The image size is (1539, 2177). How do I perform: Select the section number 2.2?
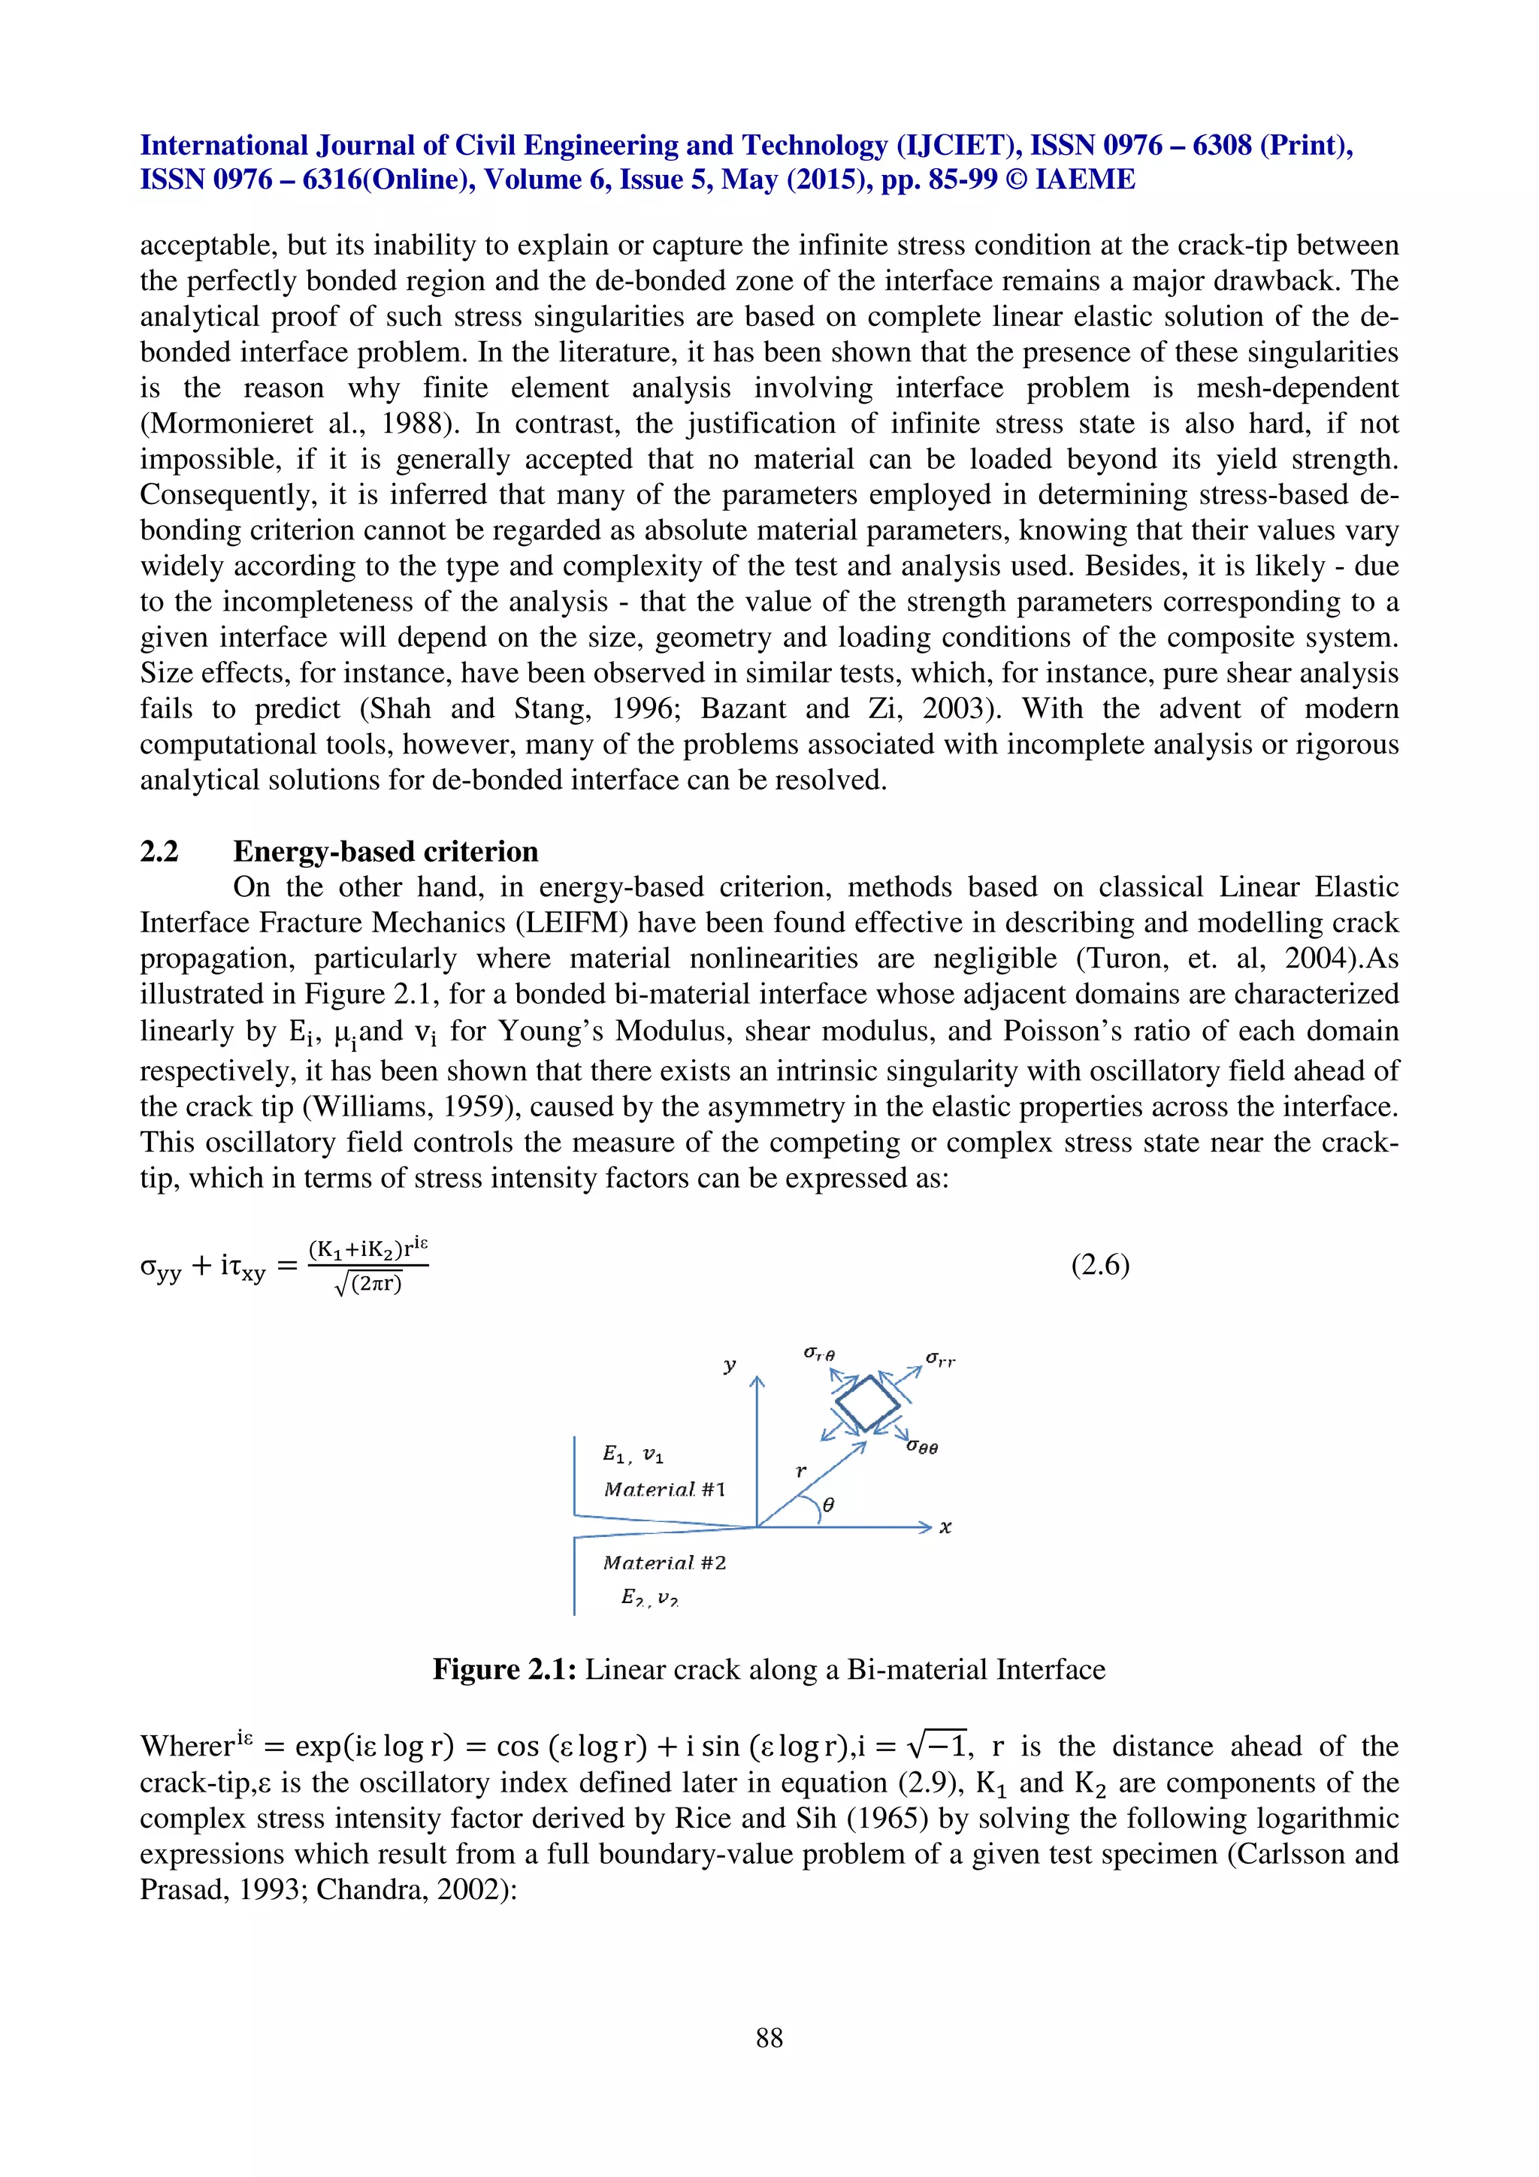pyautogui.click(x=159, y=851)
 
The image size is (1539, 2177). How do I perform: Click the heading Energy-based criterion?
pyautogui.click(x=386, y=851)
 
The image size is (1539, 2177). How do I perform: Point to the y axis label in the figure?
pyautogui.click(x=729, y=1366)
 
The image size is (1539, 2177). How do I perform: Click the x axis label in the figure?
pyautogui.click(x=945, y=1526)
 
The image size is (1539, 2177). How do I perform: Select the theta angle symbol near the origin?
pyautogui.click(x=828, y=1505)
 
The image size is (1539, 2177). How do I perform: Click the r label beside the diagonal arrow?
pyautogui.click(x=801, y=1471)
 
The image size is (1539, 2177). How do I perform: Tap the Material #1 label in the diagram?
pyautogui.click(x=664, y=1490)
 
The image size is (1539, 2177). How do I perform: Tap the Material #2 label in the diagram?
pyautogui.click(x=664, y=1563)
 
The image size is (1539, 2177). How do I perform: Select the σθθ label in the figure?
pyautogui.click(x=922, y=1447)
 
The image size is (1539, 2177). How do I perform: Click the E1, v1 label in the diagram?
pyautogui.click(x=633, y=1454)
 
